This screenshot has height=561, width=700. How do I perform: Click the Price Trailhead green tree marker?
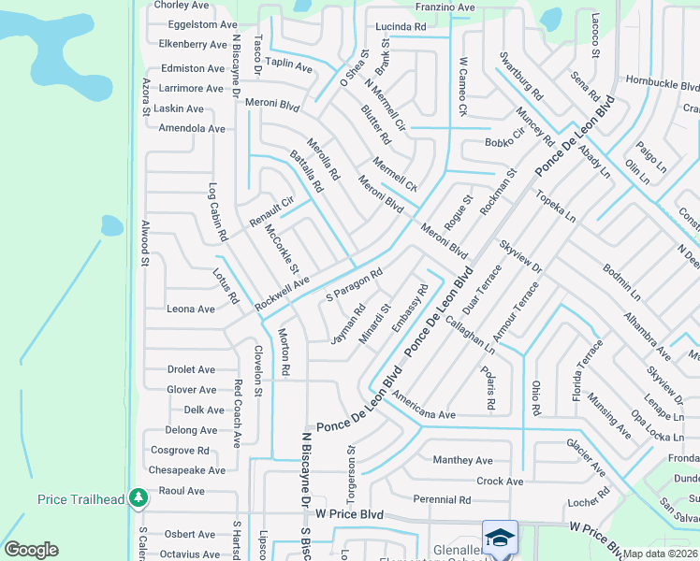(x=139, y=497)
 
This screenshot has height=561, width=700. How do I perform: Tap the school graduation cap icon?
(x=500, y=538)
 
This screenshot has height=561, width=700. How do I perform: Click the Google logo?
(x=31, y=550)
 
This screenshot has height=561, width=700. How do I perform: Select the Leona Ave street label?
(x=191, y=309)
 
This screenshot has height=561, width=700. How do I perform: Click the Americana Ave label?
(x=424, y=414)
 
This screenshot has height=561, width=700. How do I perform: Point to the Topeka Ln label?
(x=556, y=206)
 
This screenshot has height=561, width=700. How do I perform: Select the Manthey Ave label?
(x=462, y=460)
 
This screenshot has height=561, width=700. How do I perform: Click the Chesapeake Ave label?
(x=187, y=470)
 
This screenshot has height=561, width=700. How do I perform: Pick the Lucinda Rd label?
(x=401, y=27)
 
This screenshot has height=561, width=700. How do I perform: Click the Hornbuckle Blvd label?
(x=664, y=82)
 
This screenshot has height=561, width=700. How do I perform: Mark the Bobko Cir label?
(x=504, y=143)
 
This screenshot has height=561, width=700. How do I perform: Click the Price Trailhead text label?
(x=81, y=499)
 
